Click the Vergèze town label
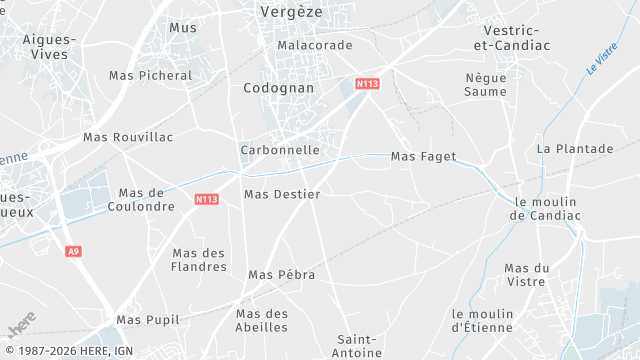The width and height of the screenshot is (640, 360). tap(290, 11)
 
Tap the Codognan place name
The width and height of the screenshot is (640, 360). tap(279, 88)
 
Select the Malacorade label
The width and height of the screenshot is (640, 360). tap(315, 46)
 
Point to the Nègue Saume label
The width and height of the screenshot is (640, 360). tap(486, 84)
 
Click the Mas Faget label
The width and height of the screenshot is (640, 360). tap(423, 157)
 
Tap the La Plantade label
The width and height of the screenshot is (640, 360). tap(575, 149)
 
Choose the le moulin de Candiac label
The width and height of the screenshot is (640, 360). tap(545, 207)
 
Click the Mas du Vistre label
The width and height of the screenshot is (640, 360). tap(528, 275)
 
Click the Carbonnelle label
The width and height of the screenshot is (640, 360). tap(280, 150)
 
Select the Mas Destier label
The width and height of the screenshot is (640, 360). tap(282, 194)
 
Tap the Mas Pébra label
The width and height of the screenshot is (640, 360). tap(282, 275)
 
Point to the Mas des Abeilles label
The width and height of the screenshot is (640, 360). tap(262, 320)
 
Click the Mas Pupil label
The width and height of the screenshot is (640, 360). tap(148, 320)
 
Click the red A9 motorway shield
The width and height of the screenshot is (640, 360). tap(73, 251)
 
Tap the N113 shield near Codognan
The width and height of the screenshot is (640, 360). tap(367, 84)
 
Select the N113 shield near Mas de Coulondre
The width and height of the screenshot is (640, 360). tap(206, 200)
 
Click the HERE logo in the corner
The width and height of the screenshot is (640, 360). tap(21, 327)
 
